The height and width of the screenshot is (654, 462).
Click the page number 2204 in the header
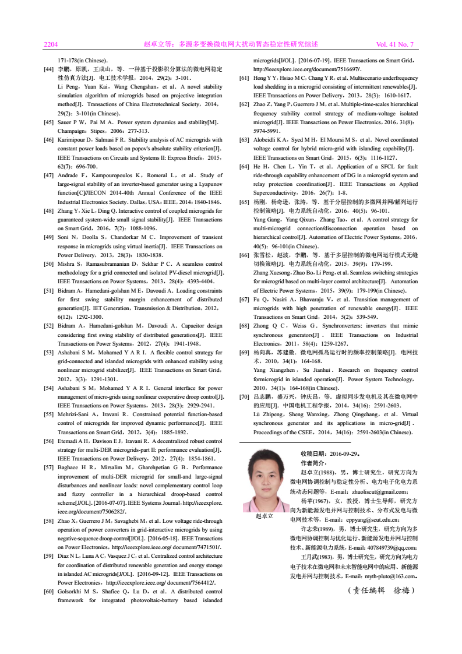51,44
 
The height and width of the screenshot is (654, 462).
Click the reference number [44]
50,69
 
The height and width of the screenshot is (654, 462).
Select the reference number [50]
50,264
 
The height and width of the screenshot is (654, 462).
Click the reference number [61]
245,78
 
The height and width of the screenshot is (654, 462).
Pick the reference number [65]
245,201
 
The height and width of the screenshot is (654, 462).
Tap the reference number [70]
245,396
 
